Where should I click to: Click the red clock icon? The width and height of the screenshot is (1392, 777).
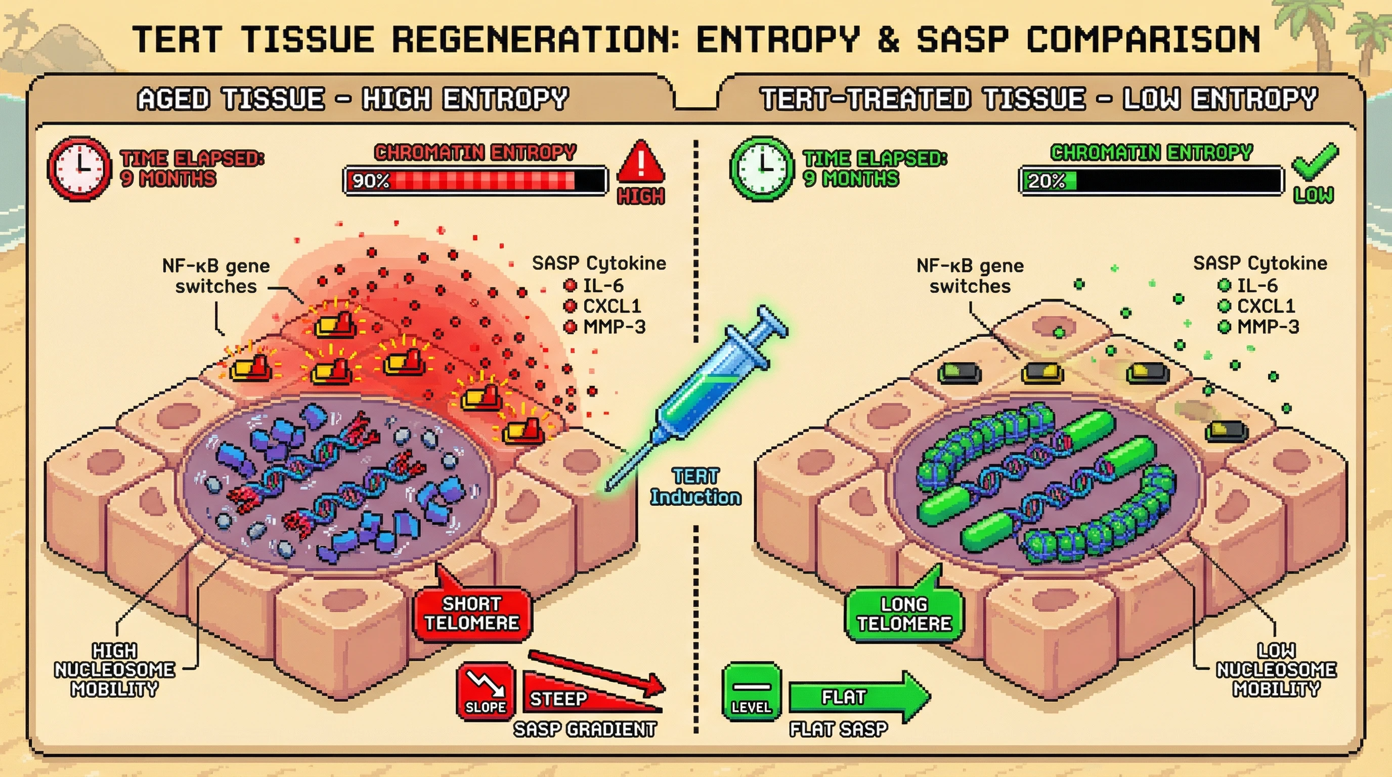pyautogui.click(x=79, y=168)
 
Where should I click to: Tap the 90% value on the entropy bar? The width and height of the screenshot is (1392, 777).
pyautogui.click(x=371, y=181)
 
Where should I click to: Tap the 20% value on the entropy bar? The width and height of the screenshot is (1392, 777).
pyautogui.click(x=1046, y=181)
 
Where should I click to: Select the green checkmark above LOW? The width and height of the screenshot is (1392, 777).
pyautogui.click(x=1315, y=161)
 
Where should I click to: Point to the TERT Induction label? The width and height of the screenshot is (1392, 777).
pyautogui.click(x=695, y=487)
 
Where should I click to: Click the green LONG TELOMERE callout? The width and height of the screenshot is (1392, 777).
pyautogui.click(x=904, y=614)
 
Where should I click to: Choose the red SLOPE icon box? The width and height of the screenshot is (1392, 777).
pyautogui.click(x=485, y=692)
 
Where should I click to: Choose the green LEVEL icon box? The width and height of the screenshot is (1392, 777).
pyautogui.click(x=751, y=692)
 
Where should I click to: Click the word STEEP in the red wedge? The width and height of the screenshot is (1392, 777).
pyautogui.click(x=558, y=699)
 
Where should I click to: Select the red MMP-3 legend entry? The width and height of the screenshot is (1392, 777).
pyautogui.click(x=605, y=327)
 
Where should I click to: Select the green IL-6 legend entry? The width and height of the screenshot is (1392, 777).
pyautogui.click(x=1248, y=285)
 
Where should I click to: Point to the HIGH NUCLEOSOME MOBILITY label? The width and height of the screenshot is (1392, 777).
pyautogui.click(x=114, y=670)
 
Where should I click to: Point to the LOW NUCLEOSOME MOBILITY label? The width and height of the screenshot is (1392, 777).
pyautogui.click(x=1276, y=670)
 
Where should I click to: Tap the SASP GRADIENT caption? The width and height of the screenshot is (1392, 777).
pyautogui.click(x=585, y=729)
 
